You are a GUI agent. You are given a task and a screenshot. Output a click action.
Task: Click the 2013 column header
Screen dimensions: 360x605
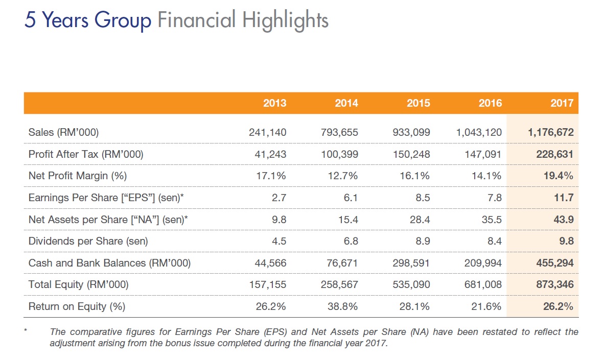point(274,103)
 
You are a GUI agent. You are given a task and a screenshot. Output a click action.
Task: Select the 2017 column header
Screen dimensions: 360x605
point(562,103)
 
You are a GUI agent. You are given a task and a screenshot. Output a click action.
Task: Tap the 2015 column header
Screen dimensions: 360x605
point(418,103)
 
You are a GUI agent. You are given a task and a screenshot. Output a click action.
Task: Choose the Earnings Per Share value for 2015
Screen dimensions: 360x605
point(423,198)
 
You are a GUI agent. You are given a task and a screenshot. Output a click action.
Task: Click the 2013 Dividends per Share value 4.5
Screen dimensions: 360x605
point(279,241)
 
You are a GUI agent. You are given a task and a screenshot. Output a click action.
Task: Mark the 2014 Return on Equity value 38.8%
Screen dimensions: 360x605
point(340,306)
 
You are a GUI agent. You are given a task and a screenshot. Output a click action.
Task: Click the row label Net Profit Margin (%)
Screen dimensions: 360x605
point(78,176)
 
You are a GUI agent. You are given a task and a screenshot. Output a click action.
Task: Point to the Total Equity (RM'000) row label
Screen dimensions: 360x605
point(79,284)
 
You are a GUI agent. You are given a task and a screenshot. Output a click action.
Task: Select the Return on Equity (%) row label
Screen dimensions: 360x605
point(77,306)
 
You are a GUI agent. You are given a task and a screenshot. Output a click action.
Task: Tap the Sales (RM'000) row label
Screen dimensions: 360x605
point(64,133)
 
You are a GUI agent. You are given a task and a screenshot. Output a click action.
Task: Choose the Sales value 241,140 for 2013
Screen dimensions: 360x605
point(267,133)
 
